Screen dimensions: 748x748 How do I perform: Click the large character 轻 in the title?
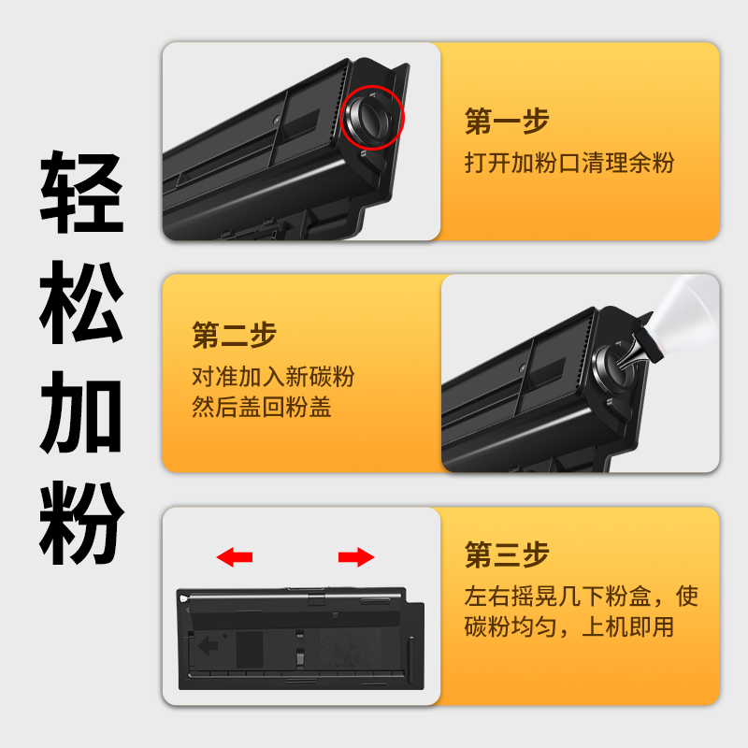[x=81, y=192]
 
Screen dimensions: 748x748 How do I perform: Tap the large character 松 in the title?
[x=81, y=302]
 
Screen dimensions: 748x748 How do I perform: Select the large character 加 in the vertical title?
[x=81, y=411]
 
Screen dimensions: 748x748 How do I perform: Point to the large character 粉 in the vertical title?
[x=81, y=523]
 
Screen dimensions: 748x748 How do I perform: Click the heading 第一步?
[x=507, y=122]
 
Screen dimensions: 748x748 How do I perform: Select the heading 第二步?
[x=234, y=335]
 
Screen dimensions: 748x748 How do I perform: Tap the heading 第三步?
[x=507, y=554]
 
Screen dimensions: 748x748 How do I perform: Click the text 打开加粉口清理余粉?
[x=569, y=163]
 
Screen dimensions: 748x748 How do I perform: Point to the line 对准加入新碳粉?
[x=273, y=377]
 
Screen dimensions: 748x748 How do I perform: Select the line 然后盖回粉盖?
[x=262, y=408]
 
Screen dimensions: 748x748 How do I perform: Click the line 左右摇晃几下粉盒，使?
[x=582, y=596]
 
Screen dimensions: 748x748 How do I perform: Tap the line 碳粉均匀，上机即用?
[x=569, y=626]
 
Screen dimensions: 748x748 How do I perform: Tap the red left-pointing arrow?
[x=235, y=557]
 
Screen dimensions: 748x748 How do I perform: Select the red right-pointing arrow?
[x=356, y=557]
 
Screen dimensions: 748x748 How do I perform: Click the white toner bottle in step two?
[x=687, y=310]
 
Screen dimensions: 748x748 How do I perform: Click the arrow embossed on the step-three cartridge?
[x=208, y=646]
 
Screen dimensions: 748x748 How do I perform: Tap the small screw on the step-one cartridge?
[x=276, y=120]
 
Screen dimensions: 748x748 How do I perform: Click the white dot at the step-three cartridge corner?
[x=183, y=598]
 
